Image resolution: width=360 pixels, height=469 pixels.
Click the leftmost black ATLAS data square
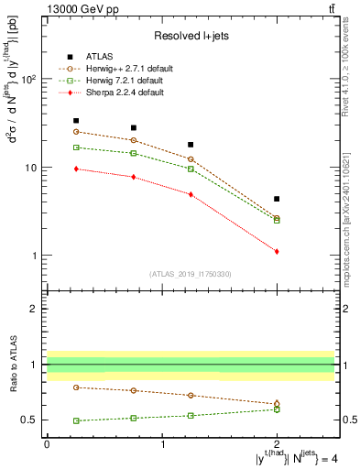coord(76,120)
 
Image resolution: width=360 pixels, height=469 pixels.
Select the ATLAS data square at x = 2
coord(277,199)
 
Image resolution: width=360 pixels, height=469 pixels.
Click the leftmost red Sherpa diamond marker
coord(76,169)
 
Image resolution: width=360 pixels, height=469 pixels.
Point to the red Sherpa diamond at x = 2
coord(277,251)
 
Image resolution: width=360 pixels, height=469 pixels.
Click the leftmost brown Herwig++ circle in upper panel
coord(76,132)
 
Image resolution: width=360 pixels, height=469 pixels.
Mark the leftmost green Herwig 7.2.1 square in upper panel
coord(76,147)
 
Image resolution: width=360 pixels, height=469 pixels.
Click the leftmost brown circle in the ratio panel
coord(76,387)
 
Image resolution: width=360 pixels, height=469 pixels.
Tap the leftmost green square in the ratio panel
coord(76,420)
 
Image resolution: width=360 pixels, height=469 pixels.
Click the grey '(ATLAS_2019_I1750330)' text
coord(191,274)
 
